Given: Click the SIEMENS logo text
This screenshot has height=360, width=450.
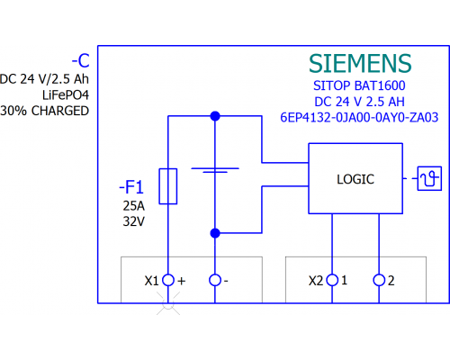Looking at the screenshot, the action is point(360,64).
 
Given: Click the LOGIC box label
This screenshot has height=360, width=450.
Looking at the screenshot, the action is point(355,179).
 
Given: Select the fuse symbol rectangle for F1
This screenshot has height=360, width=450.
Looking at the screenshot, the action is point(168,186).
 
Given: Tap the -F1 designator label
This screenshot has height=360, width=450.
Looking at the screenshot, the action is point(131,187).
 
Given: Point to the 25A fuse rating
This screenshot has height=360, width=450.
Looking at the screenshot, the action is point(134,206).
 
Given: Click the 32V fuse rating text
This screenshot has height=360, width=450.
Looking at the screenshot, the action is point(134,221).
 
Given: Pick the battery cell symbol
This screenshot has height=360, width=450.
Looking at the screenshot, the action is point(215,170).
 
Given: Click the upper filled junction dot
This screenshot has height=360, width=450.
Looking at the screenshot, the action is point(215,116).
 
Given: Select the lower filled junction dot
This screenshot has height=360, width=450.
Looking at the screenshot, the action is point(215,233).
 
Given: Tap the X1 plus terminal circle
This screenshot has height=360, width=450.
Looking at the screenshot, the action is point(168,280).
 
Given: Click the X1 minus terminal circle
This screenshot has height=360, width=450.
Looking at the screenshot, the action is point(215,280).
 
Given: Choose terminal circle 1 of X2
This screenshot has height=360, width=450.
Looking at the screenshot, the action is point(332,280).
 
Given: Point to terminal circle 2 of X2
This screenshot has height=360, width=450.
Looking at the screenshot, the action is point(379,280).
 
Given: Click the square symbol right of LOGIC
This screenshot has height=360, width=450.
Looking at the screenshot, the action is point(429,178).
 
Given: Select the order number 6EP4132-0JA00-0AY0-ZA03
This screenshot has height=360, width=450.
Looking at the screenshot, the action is point(359,117).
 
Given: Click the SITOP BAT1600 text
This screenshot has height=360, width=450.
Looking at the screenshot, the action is point(359,85).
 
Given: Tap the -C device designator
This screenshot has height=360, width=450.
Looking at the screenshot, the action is point(81,60).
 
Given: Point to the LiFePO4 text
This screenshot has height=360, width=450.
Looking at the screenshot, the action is point(66,95).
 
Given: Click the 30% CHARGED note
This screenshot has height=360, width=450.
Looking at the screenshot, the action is point(45,111).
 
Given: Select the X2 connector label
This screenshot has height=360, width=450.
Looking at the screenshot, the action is point(316,281).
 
